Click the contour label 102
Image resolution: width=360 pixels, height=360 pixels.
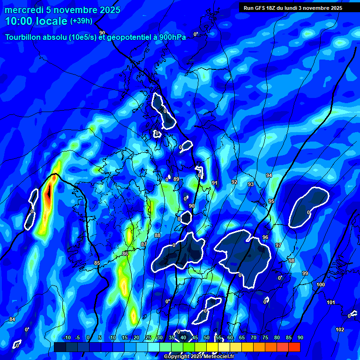[x=340, y=330]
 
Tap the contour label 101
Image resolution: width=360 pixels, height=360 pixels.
[x=331, y=302]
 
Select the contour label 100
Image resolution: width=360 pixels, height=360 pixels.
[x=321, y=285]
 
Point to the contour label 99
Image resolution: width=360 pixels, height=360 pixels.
[x=305, y=273]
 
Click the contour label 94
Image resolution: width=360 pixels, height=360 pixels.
[x=269, y=175]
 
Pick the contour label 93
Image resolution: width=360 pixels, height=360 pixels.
[x=251, y=184]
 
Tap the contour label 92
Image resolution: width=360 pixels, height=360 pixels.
[x=234, y=182]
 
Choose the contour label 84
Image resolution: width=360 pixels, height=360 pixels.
[x=12, y=319]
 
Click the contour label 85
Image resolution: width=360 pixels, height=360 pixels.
[x=97, y=263]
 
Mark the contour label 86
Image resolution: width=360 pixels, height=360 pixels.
[x=125, y=254]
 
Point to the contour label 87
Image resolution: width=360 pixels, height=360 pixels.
[x=144, y=244]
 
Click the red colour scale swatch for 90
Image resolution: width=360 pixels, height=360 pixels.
[x=294, y=347]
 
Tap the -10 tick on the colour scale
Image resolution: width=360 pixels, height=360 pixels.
[x=67, y=338]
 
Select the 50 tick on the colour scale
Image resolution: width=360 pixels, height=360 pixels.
[x=207, y=338]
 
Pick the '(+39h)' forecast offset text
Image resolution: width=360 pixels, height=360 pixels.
[x=81, y=21]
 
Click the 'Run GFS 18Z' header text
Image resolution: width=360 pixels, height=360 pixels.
[x=260, y=8]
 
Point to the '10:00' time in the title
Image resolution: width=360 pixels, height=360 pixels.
[x=20, y=21]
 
